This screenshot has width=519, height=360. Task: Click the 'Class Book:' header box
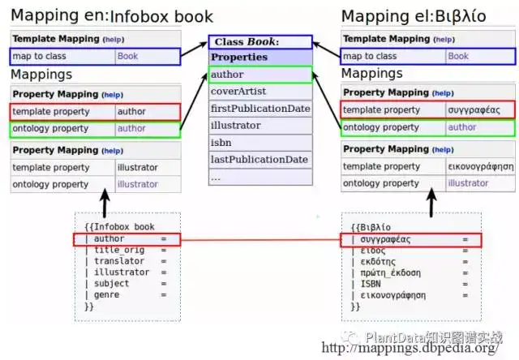[x=259, y=41]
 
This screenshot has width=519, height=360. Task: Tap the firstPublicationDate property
[x=259, y=109]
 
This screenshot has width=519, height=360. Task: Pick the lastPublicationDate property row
[x=259, y=160]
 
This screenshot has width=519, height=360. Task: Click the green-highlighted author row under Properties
[x=259, y=75]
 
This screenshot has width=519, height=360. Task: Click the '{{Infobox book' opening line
[x=119, y=227]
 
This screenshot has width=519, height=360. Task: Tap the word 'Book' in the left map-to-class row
[x=127, y=56]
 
